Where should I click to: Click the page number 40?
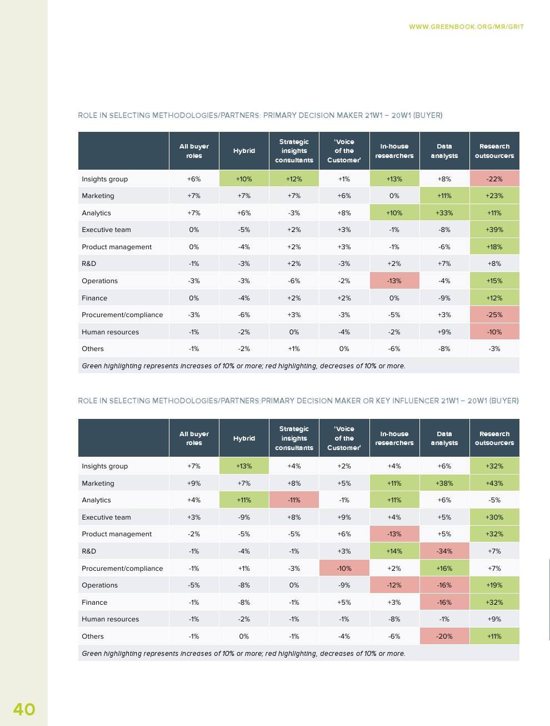click(x=24, y=709)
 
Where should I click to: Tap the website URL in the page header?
click(x=466, y=27)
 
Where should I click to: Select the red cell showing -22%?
click(x=494, y=179)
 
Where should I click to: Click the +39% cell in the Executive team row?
click(x=494, y=230)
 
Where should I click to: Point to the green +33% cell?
click(x=444, y=213)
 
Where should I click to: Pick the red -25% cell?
click(x=494, y=315)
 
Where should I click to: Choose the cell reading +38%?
click(x=444, y=483)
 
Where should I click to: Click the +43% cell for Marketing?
click(x=494, y=483)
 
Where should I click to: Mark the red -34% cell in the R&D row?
click(x=444, y=551)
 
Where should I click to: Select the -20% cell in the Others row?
click(x=444, y=636)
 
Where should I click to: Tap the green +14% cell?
click(x=394, y=551)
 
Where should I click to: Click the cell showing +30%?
click(x=494, y=517)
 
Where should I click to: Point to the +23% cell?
click(x=494, y=196)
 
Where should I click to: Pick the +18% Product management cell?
click(x=494, y=247)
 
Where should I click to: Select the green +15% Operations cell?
click(x=494, y=281)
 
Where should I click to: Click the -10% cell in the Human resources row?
click(x=494, y=332)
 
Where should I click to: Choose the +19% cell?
click(x=494, y=585)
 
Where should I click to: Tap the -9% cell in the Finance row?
click(x=444, y=298)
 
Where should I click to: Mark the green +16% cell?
click(x=444, y=569)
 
